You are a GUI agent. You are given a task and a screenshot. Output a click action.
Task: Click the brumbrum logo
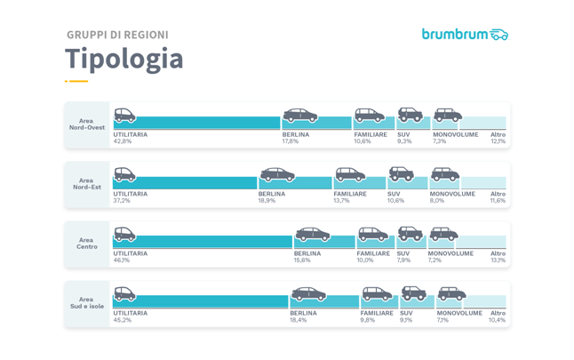[x=465, y=35]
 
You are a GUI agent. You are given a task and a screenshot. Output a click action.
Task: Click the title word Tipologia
[x=124, y=60]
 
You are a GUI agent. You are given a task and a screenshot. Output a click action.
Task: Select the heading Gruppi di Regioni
[x=117, y=35]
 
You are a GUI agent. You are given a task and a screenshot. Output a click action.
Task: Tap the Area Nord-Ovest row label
[x=86, y=124]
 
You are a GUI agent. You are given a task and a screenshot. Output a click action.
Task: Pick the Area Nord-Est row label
[x=86, y=183]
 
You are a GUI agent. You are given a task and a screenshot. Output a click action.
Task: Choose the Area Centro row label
[x=86, y=243]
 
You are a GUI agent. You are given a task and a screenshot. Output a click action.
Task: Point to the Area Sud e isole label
[x=86, y=303]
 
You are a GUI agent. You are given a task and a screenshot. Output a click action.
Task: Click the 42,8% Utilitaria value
[x=123, y=141]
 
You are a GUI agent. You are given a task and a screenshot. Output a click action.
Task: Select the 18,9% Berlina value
[x=267, y=201]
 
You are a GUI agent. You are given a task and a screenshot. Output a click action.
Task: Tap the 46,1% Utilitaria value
[x=123, y=260]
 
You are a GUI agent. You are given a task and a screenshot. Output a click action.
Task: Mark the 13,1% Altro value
[x=498, y=260]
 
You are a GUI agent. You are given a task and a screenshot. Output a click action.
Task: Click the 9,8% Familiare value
[x=369, y=320]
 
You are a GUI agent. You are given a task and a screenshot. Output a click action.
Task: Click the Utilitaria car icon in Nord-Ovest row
[x=124, y=115]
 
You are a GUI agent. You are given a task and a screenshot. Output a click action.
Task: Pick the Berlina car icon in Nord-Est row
[x=277, y=174]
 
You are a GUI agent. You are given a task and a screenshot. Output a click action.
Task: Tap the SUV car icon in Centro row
[x=410, y=234]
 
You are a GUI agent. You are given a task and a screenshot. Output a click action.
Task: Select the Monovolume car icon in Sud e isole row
[x=451, y=293]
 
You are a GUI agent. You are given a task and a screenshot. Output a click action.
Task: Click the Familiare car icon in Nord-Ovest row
[x=369, y=115]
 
